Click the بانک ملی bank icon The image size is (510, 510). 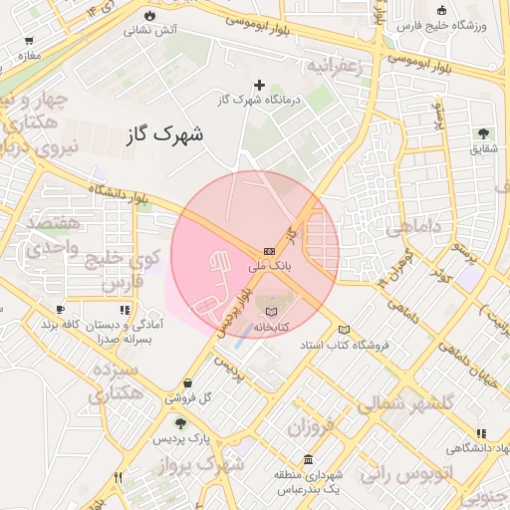[270, 251]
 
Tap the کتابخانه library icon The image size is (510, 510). [272, 312]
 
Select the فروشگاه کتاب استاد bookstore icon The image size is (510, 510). [345, 330]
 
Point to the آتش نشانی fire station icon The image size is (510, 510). [149, 16]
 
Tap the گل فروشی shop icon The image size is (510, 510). [188, 382]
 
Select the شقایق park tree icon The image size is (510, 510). [483, 132]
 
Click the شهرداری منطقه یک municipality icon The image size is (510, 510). [309, 460]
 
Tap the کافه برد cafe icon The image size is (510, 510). [61, 310]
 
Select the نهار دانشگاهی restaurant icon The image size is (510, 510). [482, 433]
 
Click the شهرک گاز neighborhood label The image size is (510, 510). [165, 135]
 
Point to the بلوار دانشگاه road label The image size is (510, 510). [118, 192]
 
